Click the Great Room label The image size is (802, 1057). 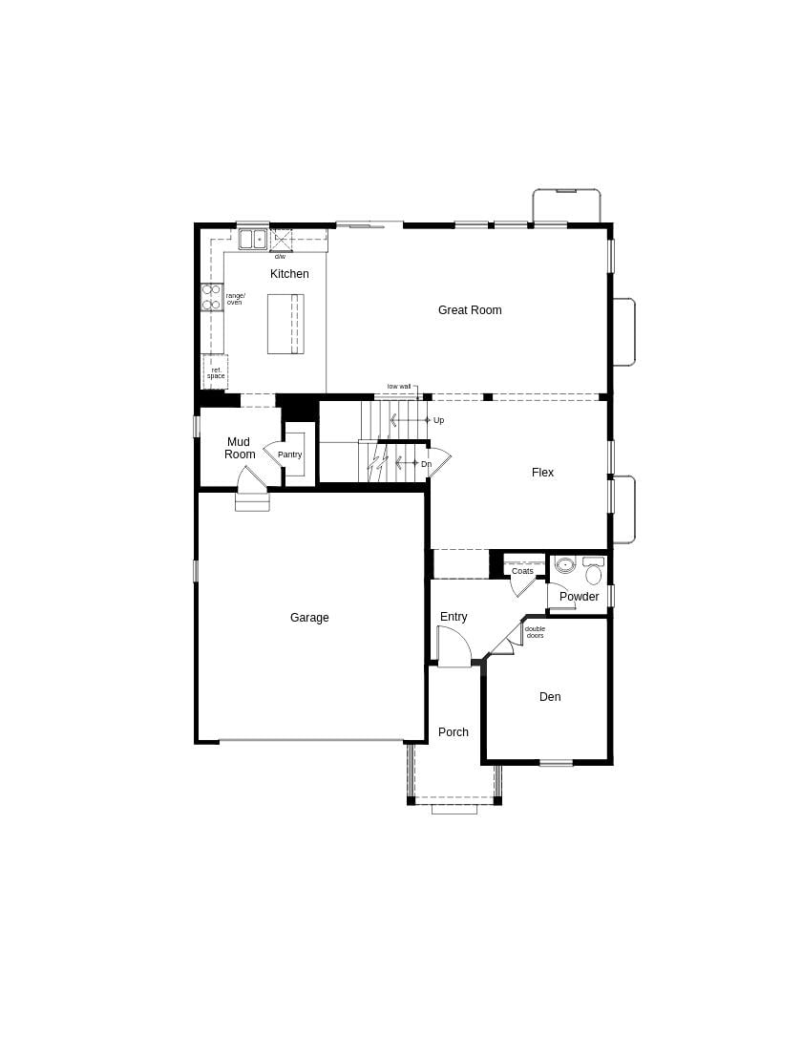click(x=470, y=310)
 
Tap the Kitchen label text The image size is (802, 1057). click(x=289, y=274)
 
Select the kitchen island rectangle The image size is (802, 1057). click(x=285, y=324)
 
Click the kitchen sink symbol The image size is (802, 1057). click(x=253, y=239)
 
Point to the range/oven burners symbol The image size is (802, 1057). click(x=211, y=297)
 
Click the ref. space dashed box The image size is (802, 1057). click(x=216, y=372)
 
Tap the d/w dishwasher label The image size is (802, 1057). click(x=280, y=257)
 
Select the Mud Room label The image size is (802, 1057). click(x=240, y=448)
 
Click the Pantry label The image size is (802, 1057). click(x=289, y=455)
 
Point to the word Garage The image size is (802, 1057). click(x=309, y=618)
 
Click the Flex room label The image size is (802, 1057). click(x=542, y=473)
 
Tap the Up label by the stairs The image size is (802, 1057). click(x=439, y=420)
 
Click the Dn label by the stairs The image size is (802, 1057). click(x=427, y=464)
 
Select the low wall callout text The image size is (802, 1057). click(x=399, y=387)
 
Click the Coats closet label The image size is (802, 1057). click(x=522, y=571)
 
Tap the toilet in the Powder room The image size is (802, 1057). click(x=594, y=573)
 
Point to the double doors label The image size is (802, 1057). click(x=535, y=632)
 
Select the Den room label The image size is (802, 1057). click(x=550, y=697)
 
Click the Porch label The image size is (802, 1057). click(x=454, y=732)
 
